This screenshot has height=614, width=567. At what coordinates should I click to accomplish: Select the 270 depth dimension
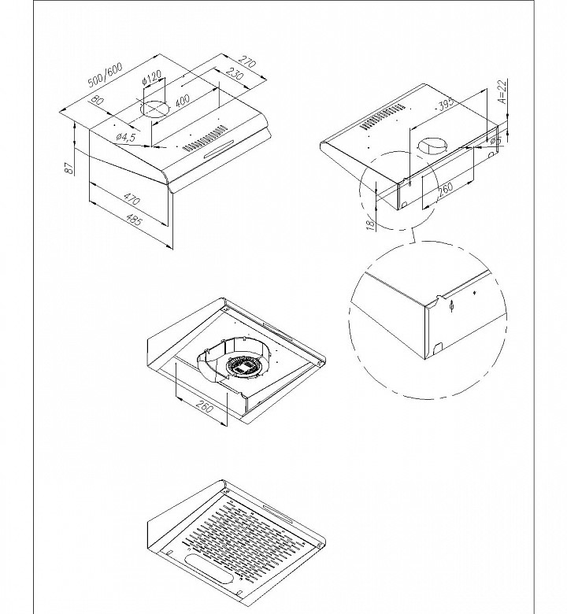(246, 63)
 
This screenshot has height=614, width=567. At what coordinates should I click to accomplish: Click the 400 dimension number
(183, 102)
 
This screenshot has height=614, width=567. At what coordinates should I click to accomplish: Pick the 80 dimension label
(96, 102)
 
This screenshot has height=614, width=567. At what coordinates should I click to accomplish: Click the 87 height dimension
(70, 167)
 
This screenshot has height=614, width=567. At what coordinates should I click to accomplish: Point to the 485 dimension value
(134, 223)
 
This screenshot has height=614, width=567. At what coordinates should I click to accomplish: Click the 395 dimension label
(449, 104)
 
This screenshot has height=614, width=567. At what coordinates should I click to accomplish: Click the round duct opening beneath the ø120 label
(155, 108)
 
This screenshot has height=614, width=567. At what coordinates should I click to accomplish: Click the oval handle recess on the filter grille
(207, 568)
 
